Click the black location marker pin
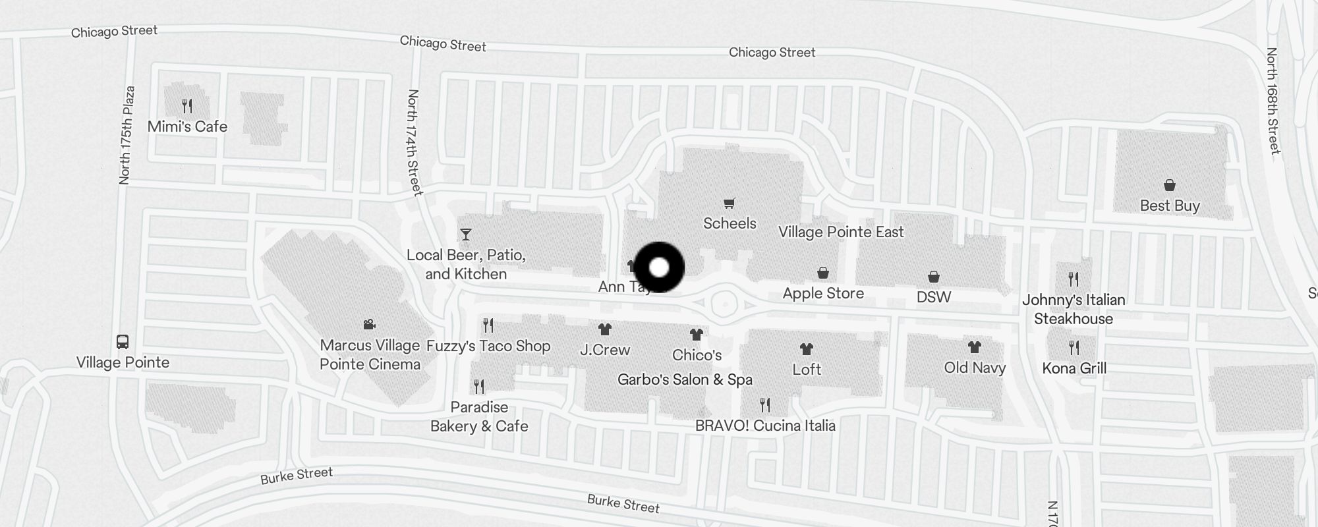[x=659, y=267]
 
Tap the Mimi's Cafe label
[x=187, y=126]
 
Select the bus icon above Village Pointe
[x=123, y=341]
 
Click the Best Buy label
[x=1170, y=206]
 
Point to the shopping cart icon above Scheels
[x=729, y=203]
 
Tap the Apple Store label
[x=823, y=293]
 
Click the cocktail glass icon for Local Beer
[x=466, y=235]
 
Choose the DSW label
[x=934, y=296]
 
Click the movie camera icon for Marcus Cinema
[x=369, y=324]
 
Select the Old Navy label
[x=975, y=367]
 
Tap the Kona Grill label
[x=1074, y=368]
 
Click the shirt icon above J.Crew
[x=605, y=329]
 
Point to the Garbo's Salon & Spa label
[x=685, y=379]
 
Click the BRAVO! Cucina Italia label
[x=765, y=426]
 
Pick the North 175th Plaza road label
[x=127, y=135]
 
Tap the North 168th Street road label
[x=1273, y=101]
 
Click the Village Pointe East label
[x=841, y=232]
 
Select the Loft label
[x=807, y=369]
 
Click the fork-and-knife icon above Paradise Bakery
[x=479, y=386]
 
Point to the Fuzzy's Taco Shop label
[x=488, y=346]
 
